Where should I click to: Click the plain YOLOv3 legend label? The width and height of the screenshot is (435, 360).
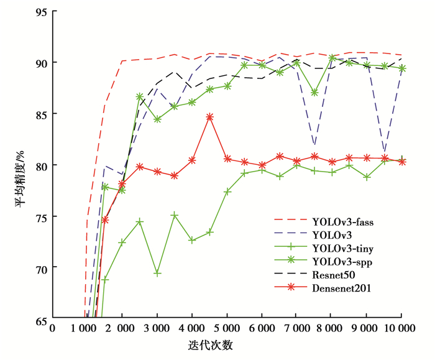(x=334, y=234)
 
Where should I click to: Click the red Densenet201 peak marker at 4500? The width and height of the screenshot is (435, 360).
(x=209, y=117)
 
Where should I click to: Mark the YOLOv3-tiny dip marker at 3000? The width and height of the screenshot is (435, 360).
(x=157, y=273)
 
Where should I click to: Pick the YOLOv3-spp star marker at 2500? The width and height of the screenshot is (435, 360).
(x=140, y=97)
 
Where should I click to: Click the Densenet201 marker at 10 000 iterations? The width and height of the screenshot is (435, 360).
(x=402, y=162)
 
